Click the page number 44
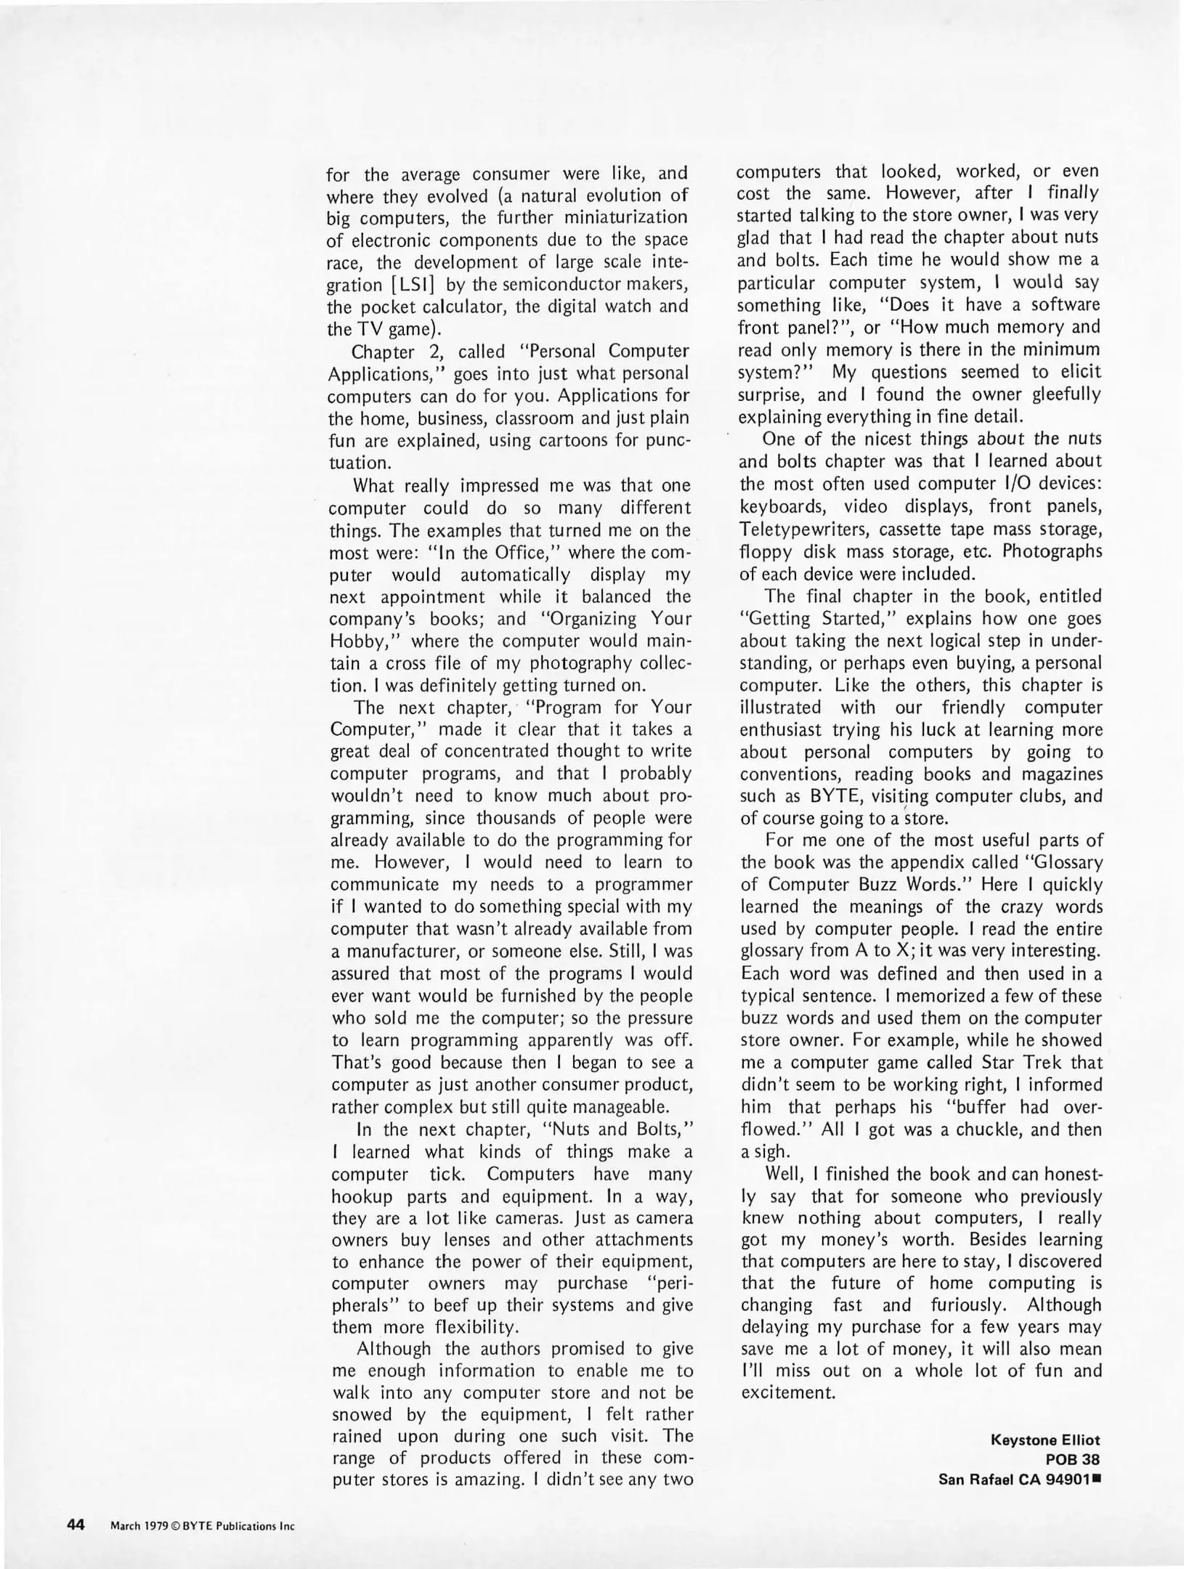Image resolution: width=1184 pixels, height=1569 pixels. coord(76,1525)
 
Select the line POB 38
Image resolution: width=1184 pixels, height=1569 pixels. coord(1072,1459)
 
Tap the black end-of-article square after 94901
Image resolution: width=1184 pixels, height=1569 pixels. coord(1097,1477)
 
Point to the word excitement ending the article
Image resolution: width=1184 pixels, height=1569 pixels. coord(788,1392)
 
